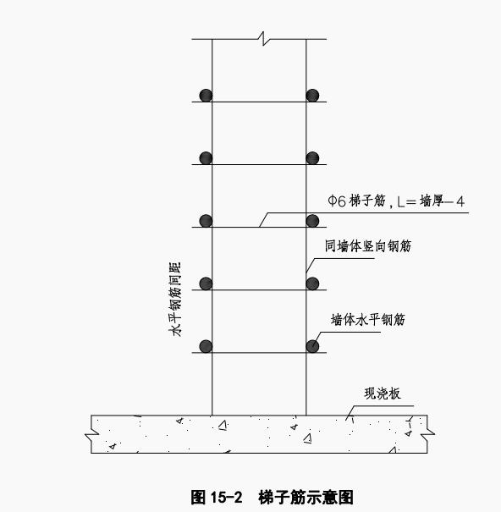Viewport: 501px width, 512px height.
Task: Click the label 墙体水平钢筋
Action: pos(368,320)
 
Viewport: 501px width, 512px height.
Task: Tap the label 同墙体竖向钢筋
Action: pos(368,246)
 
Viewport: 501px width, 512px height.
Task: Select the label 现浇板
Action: pos(383,394)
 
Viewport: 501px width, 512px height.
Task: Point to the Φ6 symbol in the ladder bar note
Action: pos(337,201)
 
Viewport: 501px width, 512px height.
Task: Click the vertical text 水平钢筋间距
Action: pos(174,300)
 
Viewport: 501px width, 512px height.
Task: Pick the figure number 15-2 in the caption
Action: pos(227,498)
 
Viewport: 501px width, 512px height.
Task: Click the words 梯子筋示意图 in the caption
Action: pos(306,498)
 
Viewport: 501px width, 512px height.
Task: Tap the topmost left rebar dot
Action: pos(206,96)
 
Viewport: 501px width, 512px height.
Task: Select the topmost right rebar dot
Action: pos(312,96)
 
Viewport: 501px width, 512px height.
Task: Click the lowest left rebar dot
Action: pos(206,346)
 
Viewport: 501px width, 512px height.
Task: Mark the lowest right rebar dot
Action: pos(312,346)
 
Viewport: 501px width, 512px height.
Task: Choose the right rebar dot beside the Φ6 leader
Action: pos(312,221)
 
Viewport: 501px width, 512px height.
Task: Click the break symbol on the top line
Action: pos(263,39)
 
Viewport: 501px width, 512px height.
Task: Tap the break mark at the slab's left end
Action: pos(91,435)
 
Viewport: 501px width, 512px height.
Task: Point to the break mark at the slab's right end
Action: pos(427,435)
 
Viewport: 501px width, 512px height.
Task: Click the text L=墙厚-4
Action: pos(431,201)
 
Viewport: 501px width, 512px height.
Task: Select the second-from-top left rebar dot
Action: pos(206,158)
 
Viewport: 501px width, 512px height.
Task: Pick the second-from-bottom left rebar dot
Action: pos(206,284)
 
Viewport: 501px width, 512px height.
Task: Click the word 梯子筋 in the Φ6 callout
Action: pos(367,201)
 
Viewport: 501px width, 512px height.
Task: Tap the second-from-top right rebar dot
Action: pos(312,158)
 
